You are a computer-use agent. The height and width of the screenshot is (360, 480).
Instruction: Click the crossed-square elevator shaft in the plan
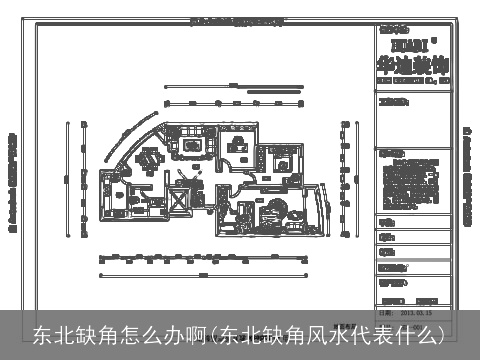(x=180, y=197)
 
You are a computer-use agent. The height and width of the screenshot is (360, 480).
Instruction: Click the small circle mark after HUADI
(x=435, y=40)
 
